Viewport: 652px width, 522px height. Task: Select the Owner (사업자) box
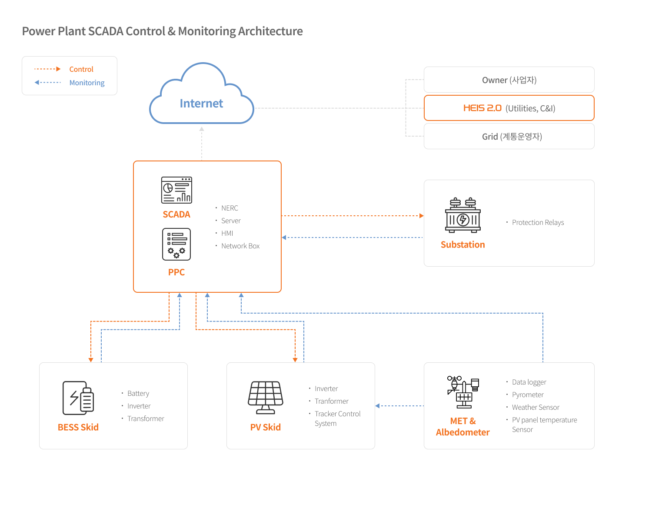pyautogui.click(x=509, y=80)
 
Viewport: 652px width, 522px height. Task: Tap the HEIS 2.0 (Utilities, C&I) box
pyautogui.click(x=509, y=108)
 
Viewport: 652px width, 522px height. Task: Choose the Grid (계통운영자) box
pyautogui.click(x=509, y=137)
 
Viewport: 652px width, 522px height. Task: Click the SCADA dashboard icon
pyautogui.click(x=176, y=190)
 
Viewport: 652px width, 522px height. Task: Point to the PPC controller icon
pyautogui.click(x=176, y=244)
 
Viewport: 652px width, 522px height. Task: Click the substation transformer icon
pyautogui.click(x=463, y=215)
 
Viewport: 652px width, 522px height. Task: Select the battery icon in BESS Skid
pyautogui.click(x=78, y=398)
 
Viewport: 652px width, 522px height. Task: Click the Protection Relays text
pyautogui.click(x=538, y=223)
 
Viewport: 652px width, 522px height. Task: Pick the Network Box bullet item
pyautogui.click(x=240, y=246)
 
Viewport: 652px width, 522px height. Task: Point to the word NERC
pyautogui.click(x=230, y=208)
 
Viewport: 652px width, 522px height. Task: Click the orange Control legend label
pyautogui.click(x=81, y=70)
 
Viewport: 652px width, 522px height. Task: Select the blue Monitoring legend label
pyautogui.click(x=87, y=83)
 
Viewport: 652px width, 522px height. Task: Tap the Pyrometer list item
pyautogui.click(x=528, y=395)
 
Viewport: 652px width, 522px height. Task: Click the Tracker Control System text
pyautogui.click(x=337, y=418)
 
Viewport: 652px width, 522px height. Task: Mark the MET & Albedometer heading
pyautogui.click(x=463, y=427)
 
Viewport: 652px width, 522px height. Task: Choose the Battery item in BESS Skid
pyautogui.click(x=138, y=394)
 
